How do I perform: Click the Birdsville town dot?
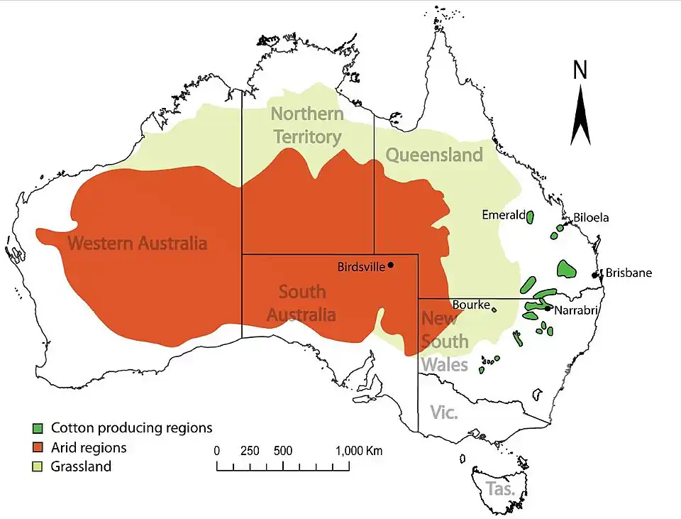tap(390, 266)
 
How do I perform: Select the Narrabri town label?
tap(577, 310)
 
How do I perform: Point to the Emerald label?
tap(503, 214)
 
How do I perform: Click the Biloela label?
tap(591, 218)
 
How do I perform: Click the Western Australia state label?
tap(137, 244)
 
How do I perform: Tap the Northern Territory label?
tap(307, 125)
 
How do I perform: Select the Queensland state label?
tap(433, 155)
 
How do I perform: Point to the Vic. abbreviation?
tap(444, 413)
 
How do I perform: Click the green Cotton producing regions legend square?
tap(38, 428)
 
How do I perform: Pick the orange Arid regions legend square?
tap(38, 448)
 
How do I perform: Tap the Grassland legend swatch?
tap(38, 467)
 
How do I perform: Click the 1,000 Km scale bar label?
tap(359, 451)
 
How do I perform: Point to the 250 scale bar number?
tap(250, 451)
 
